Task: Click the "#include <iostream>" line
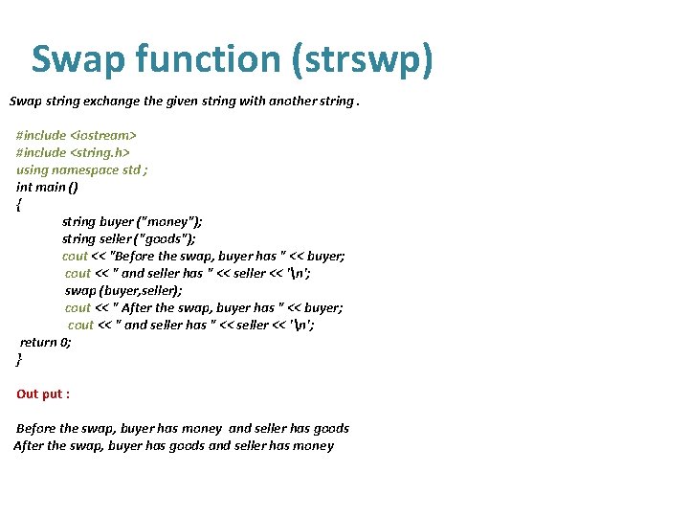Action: (77, 135)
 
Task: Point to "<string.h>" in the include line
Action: (100, 152)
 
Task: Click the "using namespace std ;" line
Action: (82, 169)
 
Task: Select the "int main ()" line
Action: (47, 187)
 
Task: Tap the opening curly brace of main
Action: (19, 204)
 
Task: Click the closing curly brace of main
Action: (19, 359)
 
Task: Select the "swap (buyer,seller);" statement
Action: (123, 290)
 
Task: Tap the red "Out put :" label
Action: (43, 393)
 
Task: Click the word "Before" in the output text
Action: (35, 428)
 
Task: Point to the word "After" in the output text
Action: (30, 445)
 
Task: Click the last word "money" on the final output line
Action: (313, 445)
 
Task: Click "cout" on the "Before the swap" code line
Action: (76, 256)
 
